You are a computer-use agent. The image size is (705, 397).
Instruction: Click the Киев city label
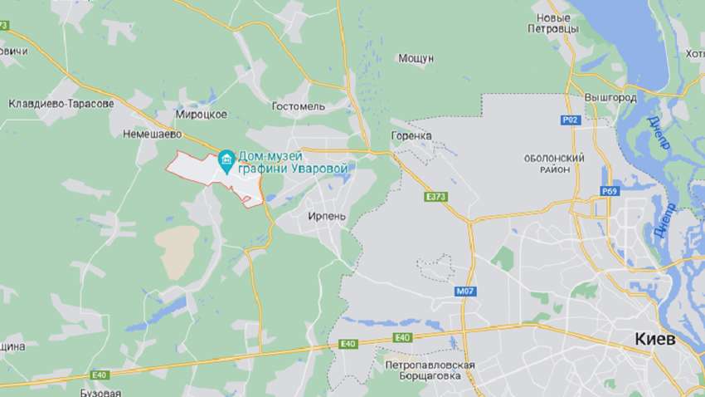pos(655,340)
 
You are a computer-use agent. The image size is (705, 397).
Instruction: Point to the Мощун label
pos(416,58)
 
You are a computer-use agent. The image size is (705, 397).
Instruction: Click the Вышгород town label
pos(610,97)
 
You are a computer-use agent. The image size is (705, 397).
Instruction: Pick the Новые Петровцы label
pos(552,22)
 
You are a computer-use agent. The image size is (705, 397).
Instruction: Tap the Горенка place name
pos(411,135)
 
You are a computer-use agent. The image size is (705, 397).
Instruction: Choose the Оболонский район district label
pos(554,163)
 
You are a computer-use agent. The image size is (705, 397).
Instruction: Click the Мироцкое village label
pos(202,114)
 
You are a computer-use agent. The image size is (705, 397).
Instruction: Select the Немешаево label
pos(152,133)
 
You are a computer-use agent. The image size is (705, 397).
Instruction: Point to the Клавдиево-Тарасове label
pos(61,104)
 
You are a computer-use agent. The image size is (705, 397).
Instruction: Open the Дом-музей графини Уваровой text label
pos(292,162)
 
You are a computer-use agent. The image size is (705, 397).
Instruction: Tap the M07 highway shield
pos(464,292)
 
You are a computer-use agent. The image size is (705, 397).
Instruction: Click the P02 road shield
pos(569,120)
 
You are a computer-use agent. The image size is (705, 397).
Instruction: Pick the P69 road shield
pos(610,191)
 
